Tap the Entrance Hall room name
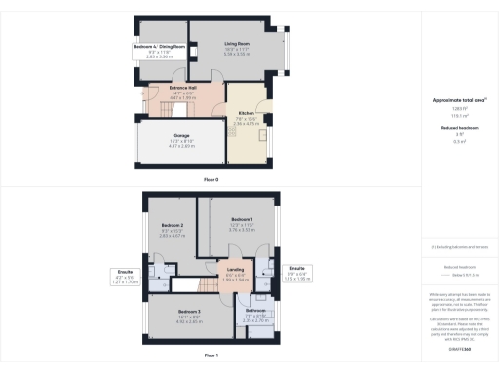point(183,87)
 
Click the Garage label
point(180,136)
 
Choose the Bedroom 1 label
point(242,220)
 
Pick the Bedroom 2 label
point(173,226)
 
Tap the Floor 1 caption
point(211,356)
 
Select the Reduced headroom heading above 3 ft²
point(457,126)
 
